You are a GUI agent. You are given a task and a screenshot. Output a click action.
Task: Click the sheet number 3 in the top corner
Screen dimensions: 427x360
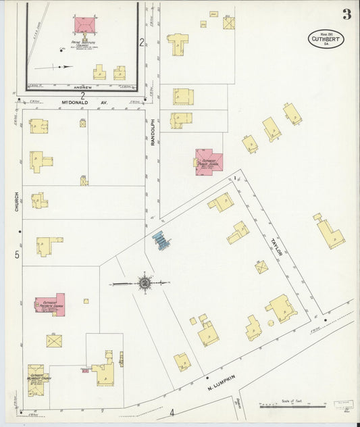[x=346, y=14]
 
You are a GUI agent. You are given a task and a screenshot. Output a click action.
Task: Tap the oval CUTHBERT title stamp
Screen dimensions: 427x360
[x=326, y=39]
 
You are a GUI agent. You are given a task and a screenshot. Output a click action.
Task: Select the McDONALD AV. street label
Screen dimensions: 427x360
[x=85, y=103]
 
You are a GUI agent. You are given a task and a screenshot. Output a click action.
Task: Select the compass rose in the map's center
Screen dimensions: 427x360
[x=144, y=283]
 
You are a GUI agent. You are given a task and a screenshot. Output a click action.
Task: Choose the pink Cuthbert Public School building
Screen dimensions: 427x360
[x=208, y=161]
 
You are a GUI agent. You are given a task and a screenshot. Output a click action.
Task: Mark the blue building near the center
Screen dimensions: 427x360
[x=161, y=241]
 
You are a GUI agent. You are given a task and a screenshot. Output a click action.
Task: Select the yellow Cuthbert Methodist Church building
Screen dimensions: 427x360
[x=38, y=381]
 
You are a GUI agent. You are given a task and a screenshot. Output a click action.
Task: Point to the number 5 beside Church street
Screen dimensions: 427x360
[x=17, y=255]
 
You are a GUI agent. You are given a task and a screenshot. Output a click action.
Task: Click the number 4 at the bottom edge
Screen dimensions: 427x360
[x=172, y=413]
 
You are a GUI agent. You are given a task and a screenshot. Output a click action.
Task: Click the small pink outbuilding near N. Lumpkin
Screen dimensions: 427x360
[x=86, y=370]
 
